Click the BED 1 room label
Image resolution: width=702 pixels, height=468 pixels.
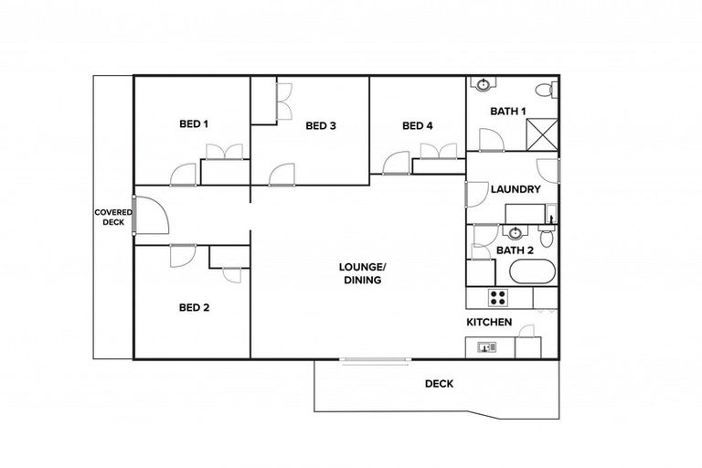tap(193, 123)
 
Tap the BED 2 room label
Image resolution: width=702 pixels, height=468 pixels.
tap(193, 308)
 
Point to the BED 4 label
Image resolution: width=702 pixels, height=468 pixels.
tap(417, 125)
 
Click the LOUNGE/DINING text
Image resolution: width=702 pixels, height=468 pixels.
tap(363, 273)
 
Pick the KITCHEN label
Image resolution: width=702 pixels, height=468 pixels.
tap(489, 323)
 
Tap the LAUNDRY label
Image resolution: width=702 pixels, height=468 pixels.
tap(516, 190)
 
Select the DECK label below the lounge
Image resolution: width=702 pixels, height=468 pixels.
tap(439, 384)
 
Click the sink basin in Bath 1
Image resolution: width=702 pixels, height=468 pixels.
tap(483, 84)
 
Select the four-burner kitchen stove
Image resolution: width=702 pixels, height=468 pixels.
tap(499, 297)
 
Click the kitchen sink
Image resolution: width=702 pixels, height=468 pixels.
tap(485, 346)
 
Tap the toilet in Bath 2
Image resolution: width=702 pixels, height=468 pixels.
tap(547, 237)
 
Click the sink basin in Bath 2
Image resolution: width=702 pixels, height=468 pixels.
tap(515, 232)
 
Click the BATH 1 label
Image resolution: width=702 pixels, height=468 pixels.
tap(508, 112)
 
